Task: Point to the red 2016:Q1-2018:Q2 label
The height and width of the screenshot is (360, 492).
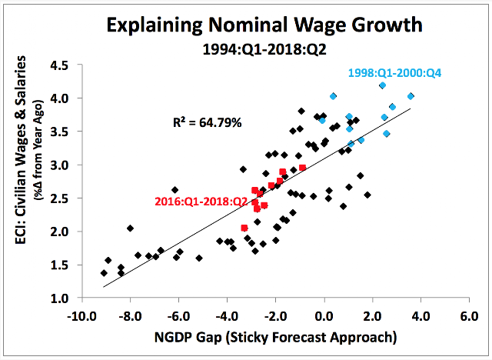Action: pos(201,202)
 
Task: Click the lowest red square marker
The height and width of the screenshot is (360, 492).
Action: pos(244,228)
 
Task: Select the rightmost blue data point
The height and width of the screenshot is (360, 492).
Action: pos(411,96)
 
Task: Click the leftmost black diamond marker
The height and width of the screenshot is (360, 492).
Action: pos(104,272)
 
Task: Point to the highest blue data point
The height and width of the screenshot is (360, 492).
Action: pos(382,85)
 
